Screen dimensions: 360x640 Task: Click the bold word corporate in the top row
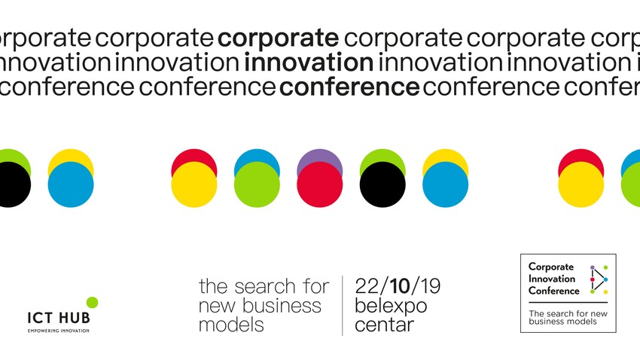(x=277, y=38)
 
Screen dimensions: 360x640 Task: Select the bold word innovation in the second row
(x=309, y=63)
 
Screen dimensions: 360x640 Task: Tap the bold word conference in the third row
(x=349, y=88)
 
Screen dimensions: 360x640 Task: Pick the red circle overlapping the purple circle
(x=319, y=185)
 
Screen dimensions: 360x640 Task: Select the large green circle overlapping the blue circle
(x=257, y=185)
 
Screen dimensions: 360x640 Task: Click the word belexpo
(x=391, y=306)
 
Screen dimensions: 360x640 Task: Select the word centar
(x=384, y=325)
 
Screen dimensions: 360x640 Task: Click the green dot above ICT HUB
(x=92, y=302)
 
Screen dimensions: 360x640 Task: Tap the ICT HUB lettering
(x=58, y=319)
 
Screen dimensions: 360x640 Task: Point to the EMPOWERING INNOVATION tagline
(x=58, y=331)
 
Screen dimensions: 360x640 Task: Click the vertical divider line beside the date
(x=343, y=305)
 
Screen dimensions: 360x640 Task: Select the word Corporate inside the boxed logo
(x=551, y=267)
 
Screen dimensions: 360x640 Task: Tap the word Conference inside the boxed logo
(x=554, y=291)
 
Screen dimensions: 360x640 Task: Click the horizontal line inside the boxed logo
(x=568, y=302)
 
